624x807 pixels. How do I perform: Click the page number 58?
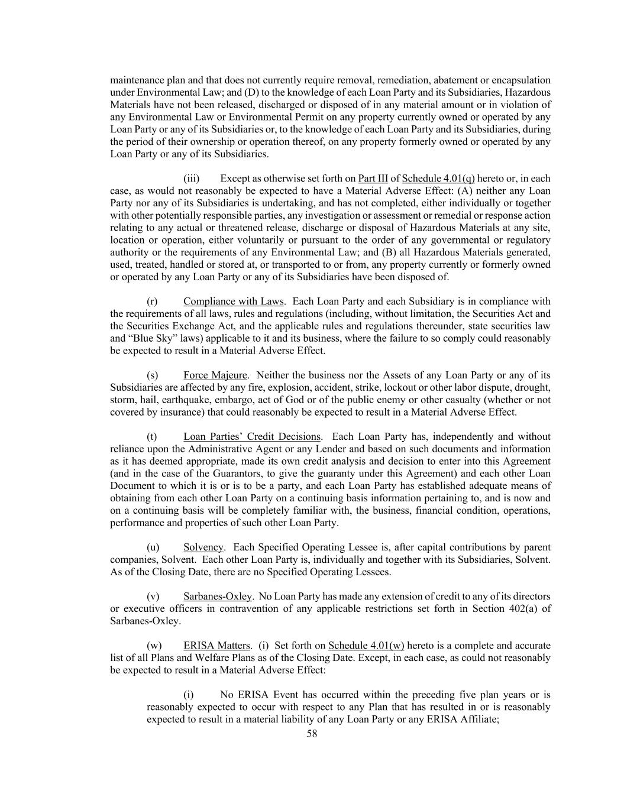(312, 734)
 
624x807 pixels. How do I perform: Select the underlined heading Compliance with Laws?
(234, 302)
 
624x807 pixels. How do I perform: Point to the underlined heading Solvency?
(203, 547)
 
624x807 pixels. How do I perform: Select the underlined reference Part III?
(373, 178)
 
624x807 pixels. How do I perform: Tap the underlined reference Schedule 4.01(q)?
(438, 178)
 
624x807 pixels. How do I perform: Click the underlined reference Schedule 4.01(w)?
(366, 645)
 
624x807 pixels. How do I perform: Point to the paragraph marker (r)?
(152, 302)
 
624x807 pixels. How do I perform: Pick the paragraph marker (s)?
(152, 375)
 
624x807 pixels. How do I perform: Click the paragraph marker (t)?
(152, 436)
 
